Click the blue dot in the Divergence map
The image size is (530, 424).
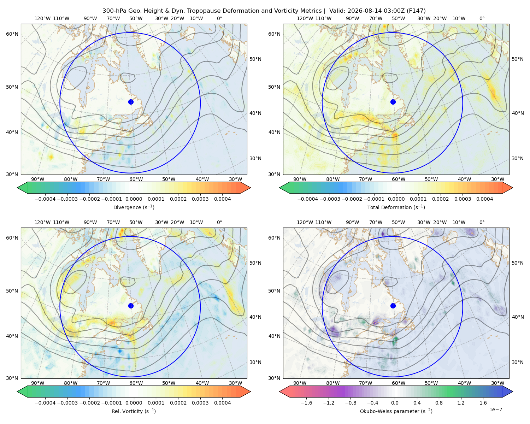click(131, 102)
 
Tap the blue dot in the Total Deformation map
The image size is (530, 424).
click(393, 102)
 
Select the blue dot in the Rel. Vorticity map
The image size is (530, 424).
click(131, 306)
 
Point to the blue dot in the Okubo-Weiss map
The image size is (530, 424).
click(393, 306)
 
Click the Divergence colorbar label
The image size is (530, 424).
click(134, 207)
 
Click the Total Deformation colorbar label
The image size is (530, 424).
click(396, 207)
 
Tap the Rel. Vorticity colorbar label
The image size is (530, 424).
click(134, 411)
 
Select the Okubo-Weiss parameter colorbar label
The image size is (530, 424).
click(396, 411)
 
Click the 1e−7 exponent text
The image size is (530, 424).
click(495, 410)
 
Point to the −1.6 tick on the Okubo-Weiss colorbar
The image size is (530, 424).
click(306, 403)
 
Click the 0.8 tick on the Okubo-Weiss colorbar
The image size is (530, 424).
click(439, 403)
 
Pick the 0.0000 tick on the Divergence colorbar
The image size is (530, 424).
click(134, 199)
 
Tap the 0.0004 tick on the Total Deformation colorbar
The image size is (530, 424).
click(484, 199)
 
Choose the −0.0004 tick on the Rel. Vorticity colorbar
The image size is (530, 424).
click(45, 403)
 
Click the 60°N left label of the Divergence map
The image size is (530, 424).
click(12, 34)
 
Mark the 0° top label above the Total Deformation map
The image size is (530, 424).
click(482, 18)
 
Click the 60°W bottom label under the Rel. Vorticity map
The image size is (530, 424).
click(136, 383)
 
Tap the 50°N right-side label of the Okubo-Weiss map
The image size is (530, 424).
click(517, 263)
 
